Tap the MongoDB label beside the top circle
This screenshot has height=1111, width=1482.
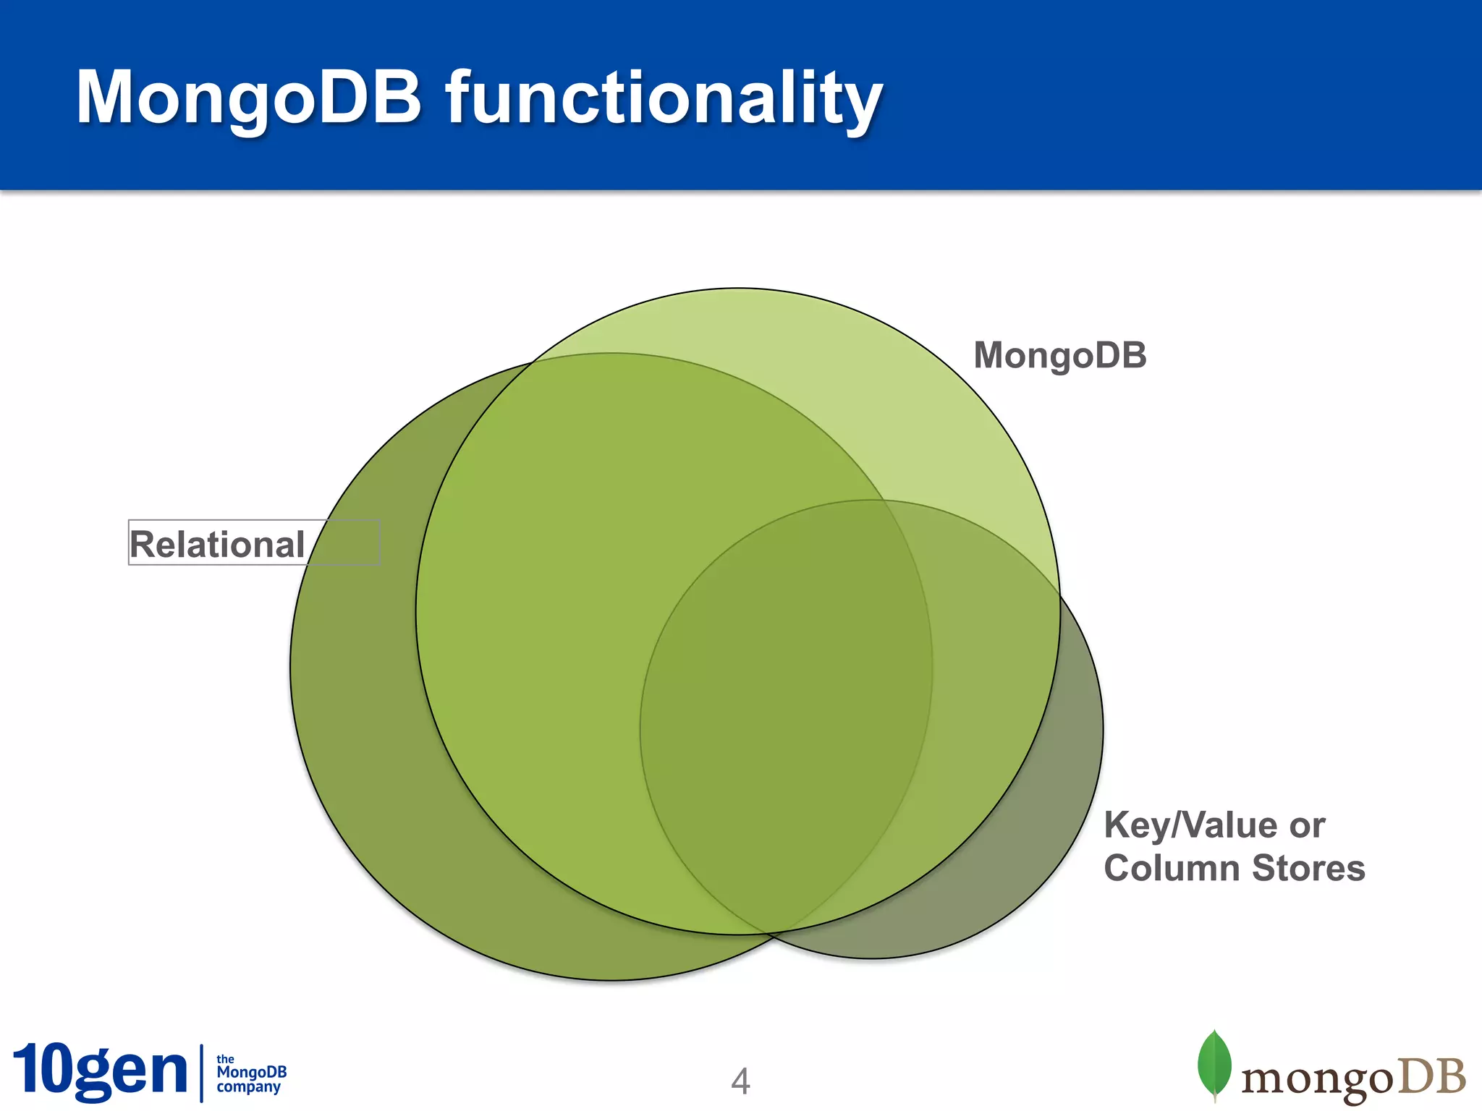click(x=1059, y=356)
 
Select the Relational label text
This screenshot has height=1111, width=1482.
click(x=217, y=544)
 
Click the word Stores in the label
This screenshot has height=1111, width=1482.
click(x=1308, y=868)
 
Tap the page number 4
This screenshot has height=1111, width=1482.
click(x=740, y=1081)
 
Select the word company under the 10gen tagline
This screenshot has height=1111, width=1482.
click(x=248, y=1086)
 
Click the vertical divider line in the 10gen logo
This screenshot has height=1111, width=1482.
click(x=201, y=1073)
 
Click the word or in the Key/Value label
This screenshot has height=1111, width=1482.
click(x=1306, y=825)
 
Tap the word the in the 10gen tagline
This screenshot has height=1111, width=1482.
click(x=225, y=1059)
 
